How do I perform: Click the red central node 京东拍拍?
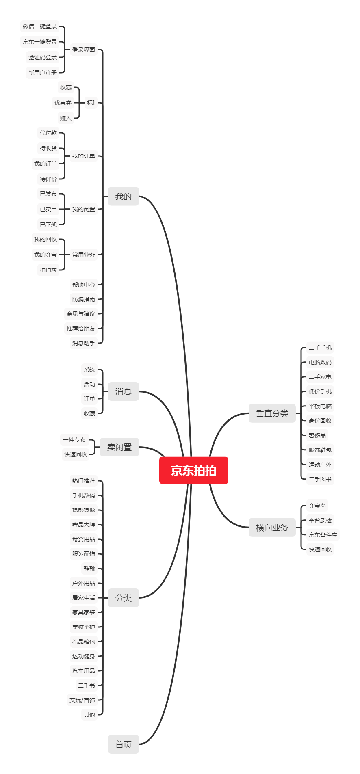click(x=194, y=470)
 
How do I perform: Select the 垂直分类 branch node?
click(x=272, y=413)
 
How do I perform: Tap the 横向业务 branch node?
click(x=272, y=528)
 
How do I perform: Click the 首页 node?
click(x=124, y=744)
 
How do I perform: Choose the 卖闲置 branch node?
click(x=119, y=447)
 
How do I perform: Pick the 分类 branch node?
click(x=124, y=598)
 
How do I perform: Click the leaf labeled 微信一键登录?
click(x=40, y=26)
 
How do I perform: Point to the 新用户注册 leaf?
click(x=43, y=73)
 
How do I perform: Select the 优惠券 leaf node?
click(x=63, y=103)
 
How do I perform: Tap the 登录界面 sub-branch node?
click(x=84, y=50)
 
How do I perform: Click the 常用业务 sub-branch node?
click(x=84, y=255)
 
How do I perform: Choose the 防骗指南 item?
click(x=84, y=299)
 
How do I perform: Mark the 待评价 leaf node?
click(x=48, y=179)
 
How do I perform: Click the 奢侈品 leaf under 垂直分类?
click(x=317, y=435)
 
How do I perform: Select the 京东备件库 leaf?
click(x=323, y=535)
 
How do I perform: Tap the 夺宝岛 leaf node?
click(x=317, y=506)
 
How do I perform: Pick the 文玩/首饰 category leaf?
click(x=82, y=700)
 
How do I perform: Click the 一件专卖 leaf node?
click(x=74, y=440)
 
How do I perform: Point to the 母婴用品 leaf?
click(x=84, y=539)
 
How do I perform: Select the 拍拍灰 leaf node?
click(x=48, y=270)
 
